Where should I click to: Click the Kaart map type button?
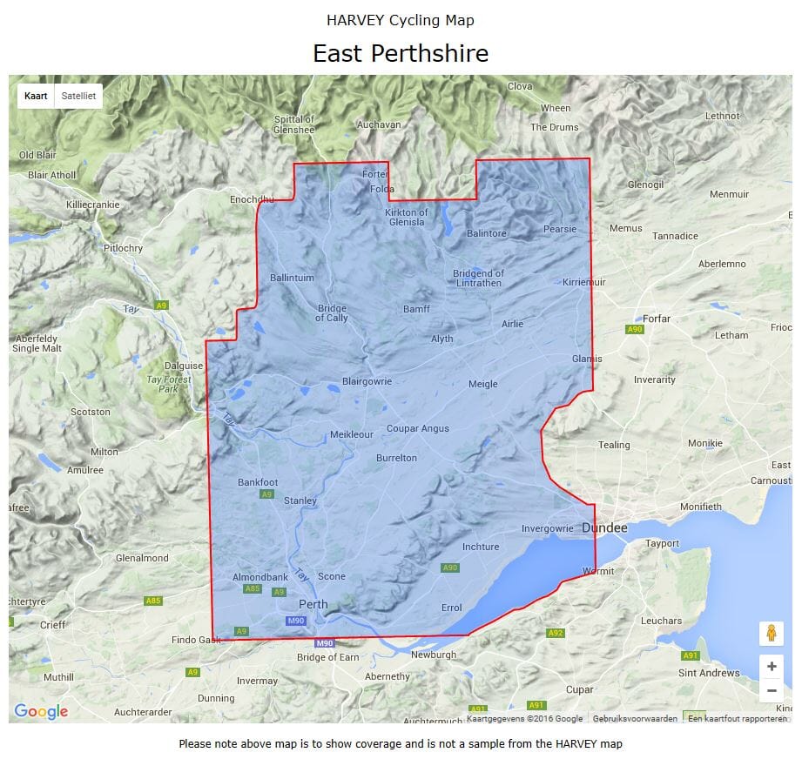click(36, 97)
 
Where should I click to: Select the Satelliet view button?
click(78, 97)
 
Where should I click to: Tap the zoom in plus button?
click(772, 667)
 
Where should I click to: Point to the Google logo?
click(41, 712)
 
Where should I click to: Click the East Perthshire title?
click(401, 53)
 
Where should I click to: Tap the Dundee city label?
click(604, 527)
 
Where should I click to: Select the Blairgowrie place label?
click(367, 381)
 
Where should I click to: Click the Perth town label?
click(313, 604)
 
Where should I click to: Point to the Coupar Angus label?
click(418, 428)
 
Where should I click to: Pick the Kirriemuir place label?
click(583, 282)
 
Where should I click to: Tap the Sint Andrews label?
click(708, 673)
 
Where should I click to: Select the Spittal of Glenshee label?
click(294, 124)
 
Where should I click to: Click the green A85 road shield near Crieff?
click(153, 601)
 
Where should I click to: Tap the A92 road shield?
click(556, 633)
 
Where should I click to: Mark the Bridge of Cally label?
click(332, 312)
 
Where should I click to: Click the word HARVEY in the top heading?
click(352, 20)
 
